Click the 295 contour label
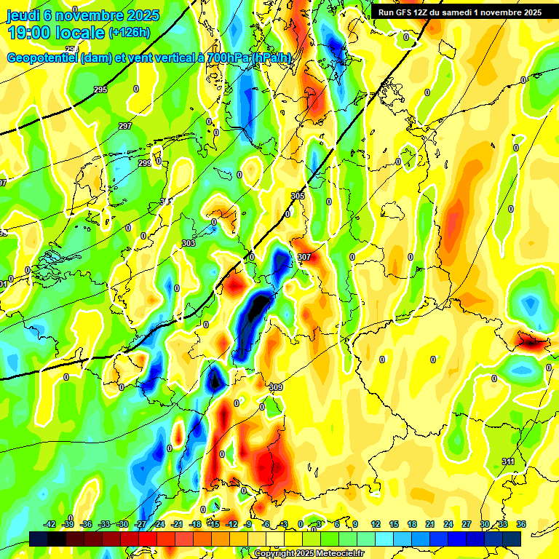point(100,89)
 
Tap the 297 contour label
point(125,127)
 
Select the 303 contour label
point(189,243)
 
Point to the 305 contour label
point(298,197)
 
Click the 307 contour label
point(304,257)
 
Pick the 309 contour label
point(275,386)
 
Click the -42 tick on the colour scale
point(49,524)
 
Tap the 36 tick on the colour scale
point(521,524)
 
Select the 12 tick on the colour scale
point(375,524)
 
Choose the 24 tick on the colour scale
point(448,524)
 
